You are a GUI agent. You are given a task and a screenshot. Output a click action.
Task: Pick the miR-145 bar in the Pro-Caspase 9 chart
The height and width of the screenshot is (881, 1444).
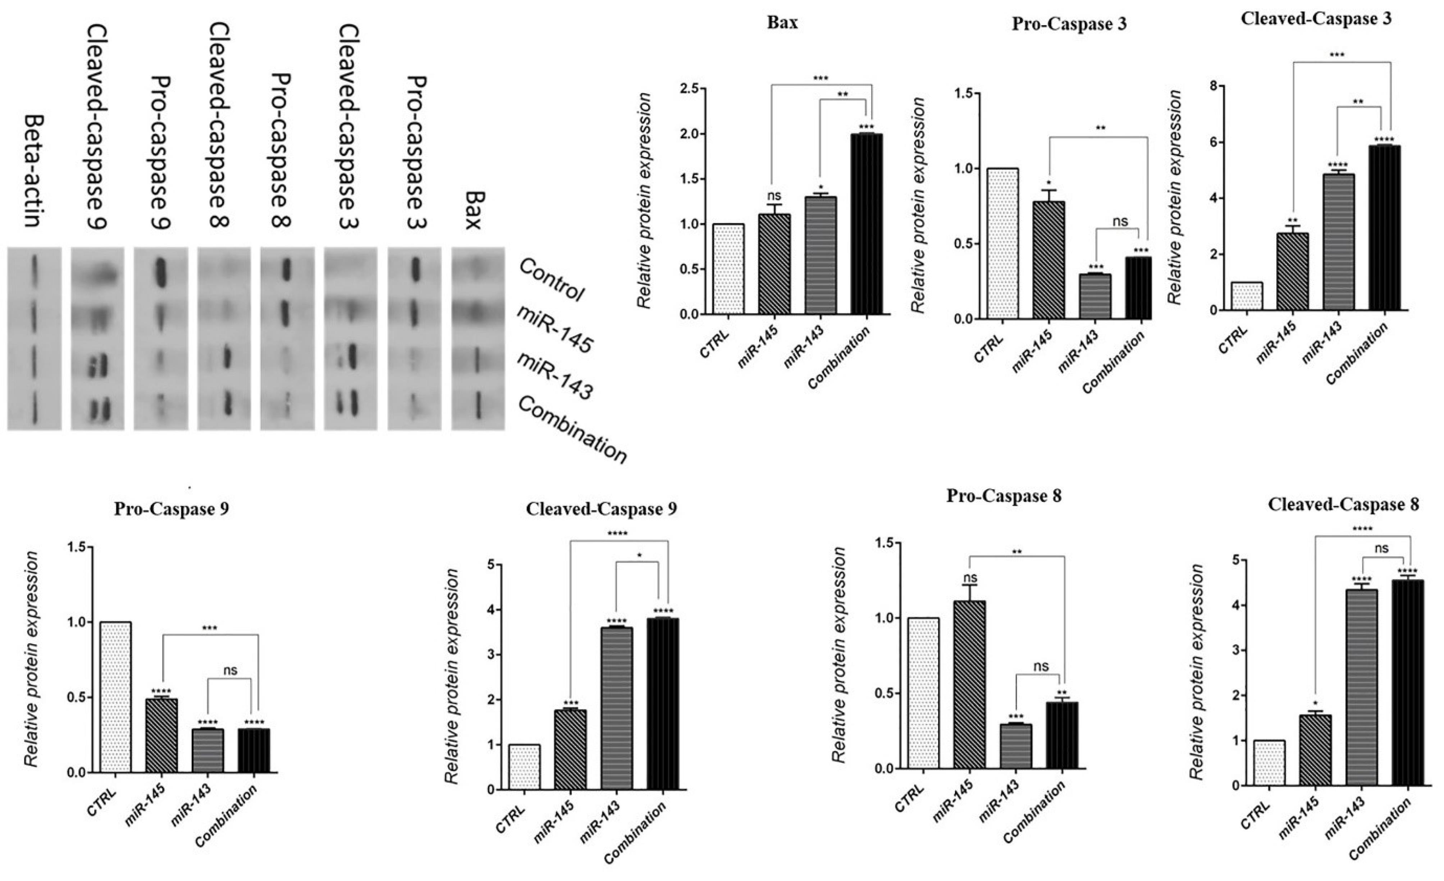tap(162, 736)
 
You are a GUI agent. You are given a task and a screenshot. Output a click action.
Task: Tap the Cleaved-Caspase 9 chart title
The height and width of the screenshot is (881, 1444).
tap(601, 509)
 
